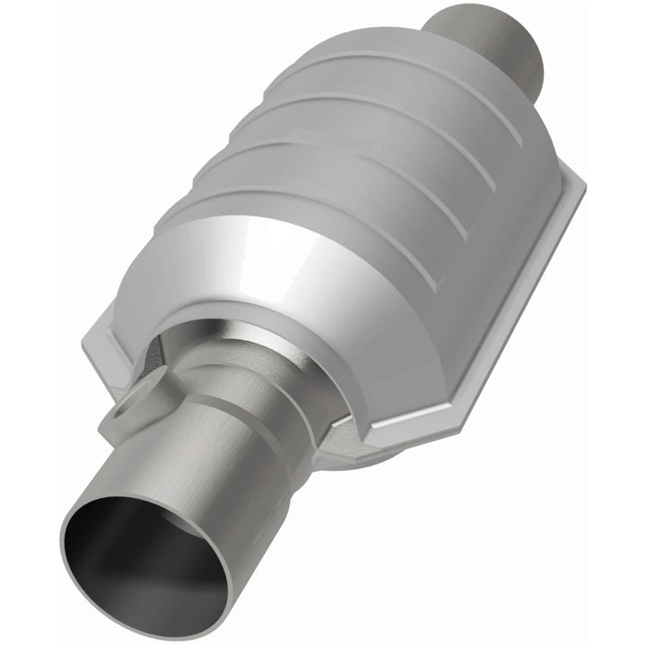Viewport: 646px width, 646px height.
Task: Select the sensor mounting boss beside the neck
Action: pyautogui.click(x=121, y=408)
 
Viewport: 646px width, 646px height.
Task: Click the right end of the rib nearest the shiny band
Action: pyautogui.click(x=431, y=296)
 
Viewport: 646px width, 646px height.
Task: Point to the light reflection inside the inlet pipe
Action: pyautogui.click(x=188, y=574)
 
